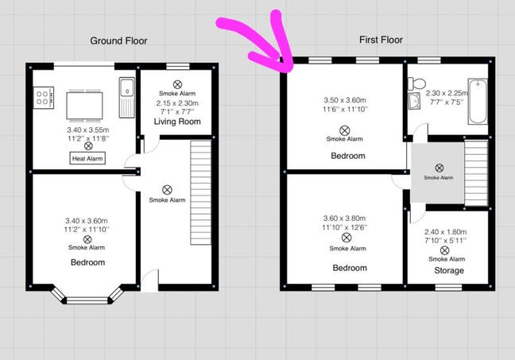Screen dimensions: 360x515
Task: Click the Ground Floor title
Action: tap(118, 41)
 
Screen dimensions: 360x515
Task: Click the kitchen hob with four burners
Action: tap(43, 99)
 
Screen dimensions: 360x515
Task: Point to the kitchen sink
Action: tap(127, 94)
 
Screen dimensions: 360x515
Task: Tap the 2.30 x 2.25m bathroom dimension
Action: tap(447, 92)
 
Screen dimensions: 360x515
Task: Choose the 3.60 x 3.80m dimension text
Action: tap(347, 219)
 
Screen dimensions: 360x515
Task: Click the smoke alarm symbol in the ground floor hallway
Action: tap(167, 189)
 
